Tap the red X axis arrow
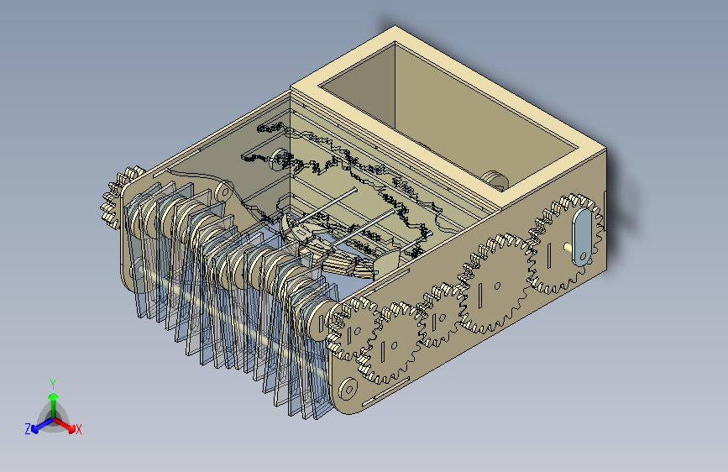pos(70,424)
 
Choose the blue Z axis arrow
pos(38,426)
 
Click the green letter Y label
pos(53,383)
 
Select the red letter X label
pos(79,429)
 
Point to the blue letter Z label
pos(28,429)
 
